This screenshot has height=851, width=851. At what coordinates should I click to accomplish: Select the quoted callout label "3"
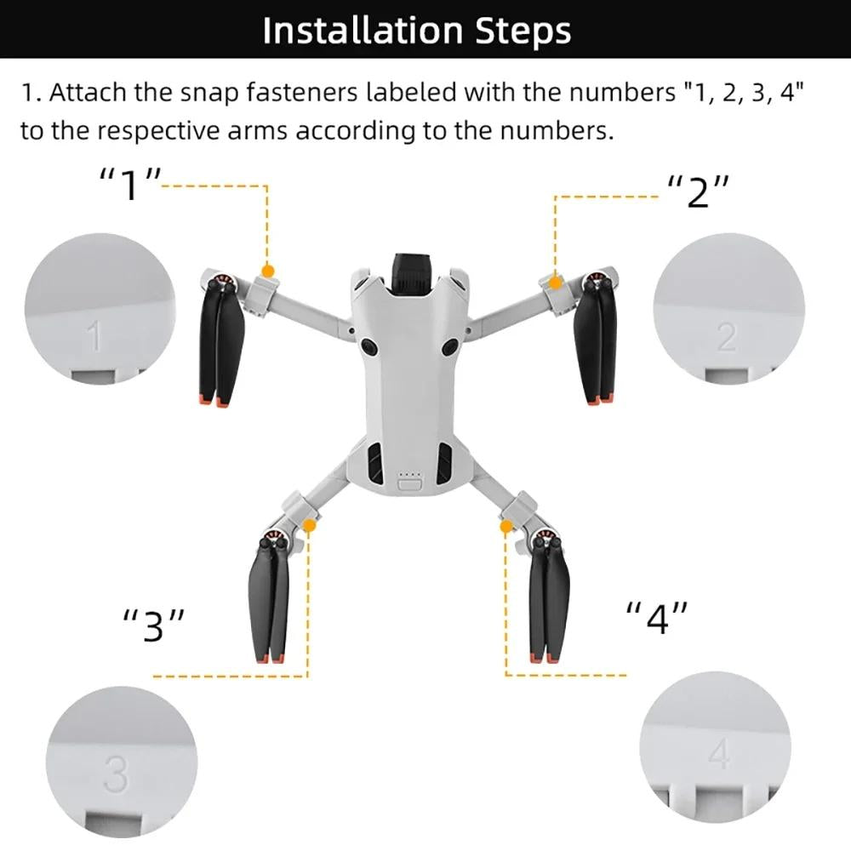(x=153, y=625)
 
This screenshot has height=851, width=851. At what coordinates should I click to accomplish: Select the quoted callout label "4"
(x=657, y=618)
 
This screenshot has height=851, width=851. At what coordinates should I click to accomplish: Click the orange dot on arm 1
(x=268, y=271)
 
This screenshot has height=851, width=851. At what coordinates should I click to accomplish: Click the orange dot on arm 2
(x=555, y=282)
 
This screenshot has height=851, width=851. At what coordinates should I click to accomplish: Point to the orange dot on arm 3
(x=309, y=527)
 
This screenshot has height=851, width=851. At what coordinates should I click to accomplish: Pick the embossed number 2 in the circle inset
(x=726, y=338)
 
